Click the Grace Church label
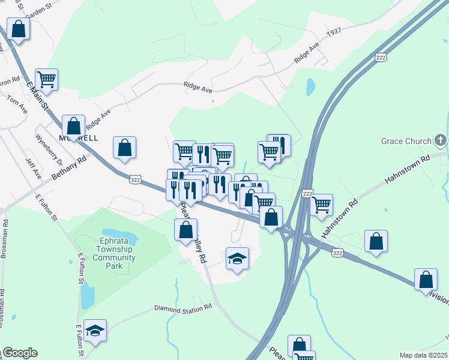(406, 142)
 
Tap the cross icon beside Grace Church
(441, 141)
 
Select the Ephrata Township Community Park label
(114, 253)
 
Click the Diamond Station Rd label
(183, 307)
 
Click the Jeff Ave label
(32, 169)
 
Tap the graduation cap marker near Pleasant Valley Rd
(238, 259)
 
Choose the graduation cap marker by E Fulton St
(95, 331)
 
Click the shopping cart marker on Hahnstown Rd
(321, 205)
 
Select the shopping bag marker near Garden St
(19, 28)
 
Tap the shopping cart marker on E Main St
(46, 79)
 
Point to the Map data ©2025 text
(423, 355)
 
